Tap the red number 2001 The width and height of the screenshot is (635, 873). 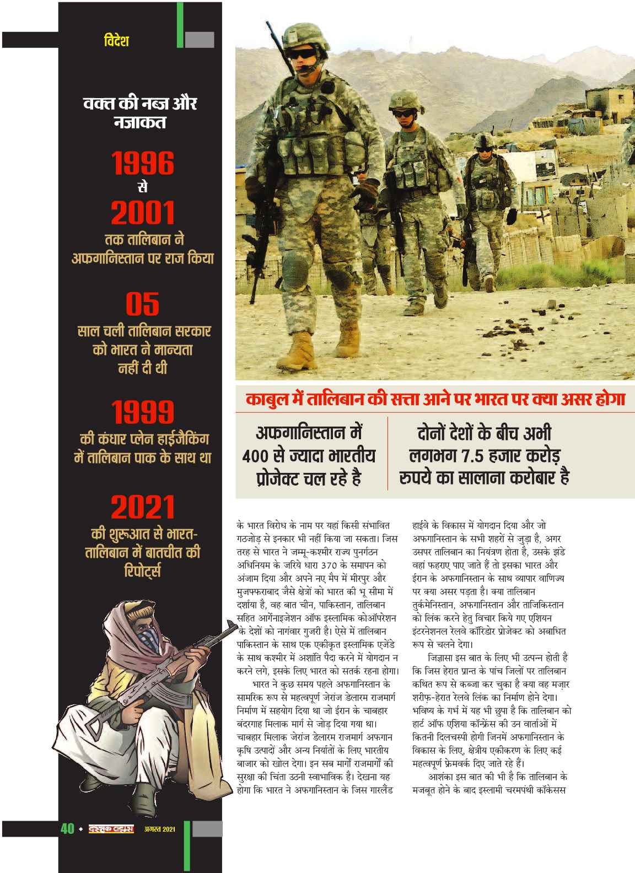click(143, 213)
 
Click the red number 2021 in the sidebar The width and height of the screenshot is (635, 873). click(143, 507)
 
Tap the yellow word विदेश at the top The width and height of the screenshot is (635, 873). click(116, 40)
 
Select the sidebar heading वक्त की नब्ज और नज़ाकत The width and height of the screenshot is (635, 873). click(139, 112)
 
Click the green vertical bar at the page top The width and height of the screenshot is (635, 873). click(180, 24)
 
